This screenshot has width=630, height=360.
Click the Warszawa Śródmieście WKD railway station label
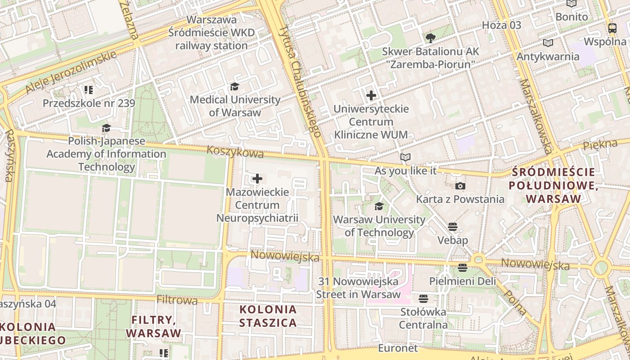point(211,33)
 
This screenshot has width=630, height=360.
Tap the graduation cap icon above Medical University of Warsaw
point(234,86)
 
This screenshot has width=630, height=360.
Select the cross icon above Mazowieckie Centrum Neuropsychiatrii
point(257,179)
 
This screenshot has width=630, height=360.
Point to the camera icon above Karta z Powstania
point(460,186)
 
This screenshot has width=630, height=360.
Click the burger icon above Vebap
point(453,227)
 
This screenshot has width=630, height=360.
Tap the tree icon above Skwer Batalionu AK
point(430,38)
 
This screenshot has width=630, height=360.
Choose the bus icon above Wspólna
point(612,28)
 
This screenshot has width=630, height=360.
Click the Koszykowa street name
point(235,152)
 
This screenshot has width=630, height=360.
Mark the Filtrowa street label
point(177,300)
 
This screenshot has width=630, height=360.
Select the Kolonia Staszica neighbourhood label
point(268,316)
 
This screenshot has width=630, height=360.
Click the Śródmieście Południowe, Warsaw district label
point(553,185)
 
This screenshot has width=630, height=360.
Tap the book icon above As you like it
point(405,157)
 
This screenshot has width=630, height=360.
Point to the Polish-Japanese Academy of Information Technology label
point(107,154)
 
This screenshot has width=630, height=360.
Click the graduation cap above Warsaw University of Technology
point(379,206)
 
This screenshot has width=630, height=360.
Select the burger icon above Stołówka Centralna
point(423,298)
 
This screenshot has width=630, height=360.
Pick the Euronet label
point(398,348)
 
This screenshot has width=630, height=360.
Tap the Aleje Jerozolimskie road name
point(71,72)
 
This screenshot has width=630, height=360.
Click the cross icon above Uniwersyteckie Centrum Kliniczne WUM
point(371,95)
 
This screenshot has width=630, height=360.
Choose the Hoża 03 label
point(501,25)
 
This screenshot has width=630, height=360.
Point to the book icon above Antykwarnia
point(548,43)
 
